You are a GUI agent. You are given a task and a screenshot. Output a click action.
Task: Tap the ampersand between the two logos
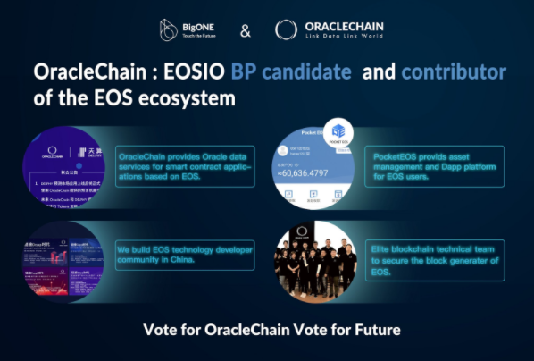[x=246, y=31]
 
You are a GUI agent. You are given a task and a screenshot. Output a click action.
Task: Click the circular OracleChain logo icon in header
[x=286, y=29]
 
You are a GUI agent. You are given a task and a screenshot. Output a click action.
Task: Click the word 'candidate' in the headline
[x=303, y=72]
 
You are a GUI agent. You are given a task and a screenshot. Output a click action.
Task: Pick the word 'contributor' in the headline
[x=455, y=72]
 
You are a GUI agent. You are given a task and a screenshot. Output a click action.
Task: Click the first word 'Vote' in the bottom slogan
[x=160, y=330]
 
